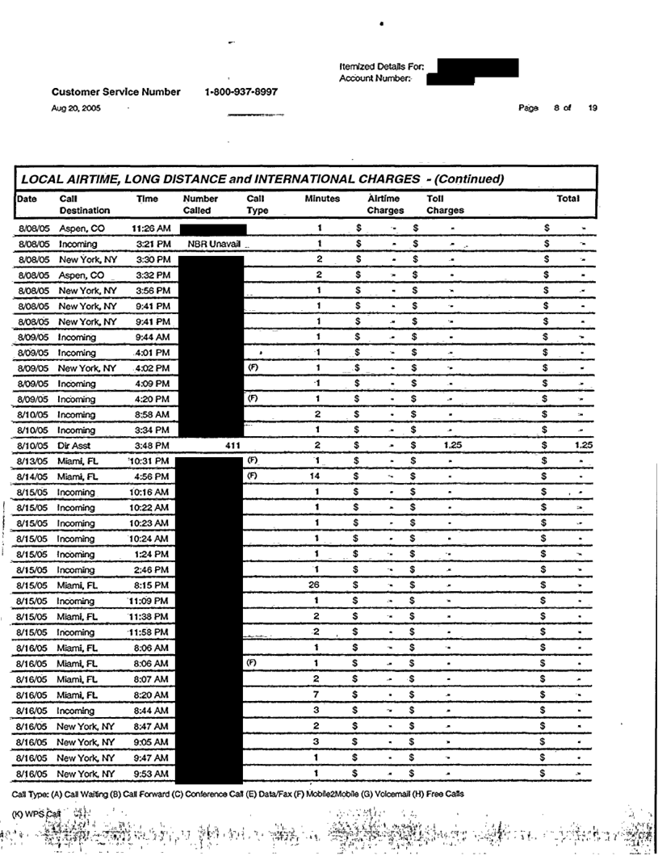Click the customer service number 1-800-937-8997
241,92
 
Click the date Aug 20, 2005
76,108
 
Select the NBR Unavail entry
213,243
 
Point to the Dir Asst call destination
74,445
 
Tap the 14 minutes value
319,476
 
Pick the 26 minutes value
319,585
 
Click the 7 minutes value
319,694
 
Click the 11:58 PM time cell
150,632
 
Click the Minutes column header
322,198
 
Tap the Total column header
568,198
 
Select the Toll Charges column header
445,204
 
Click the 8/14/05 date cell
34,476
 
